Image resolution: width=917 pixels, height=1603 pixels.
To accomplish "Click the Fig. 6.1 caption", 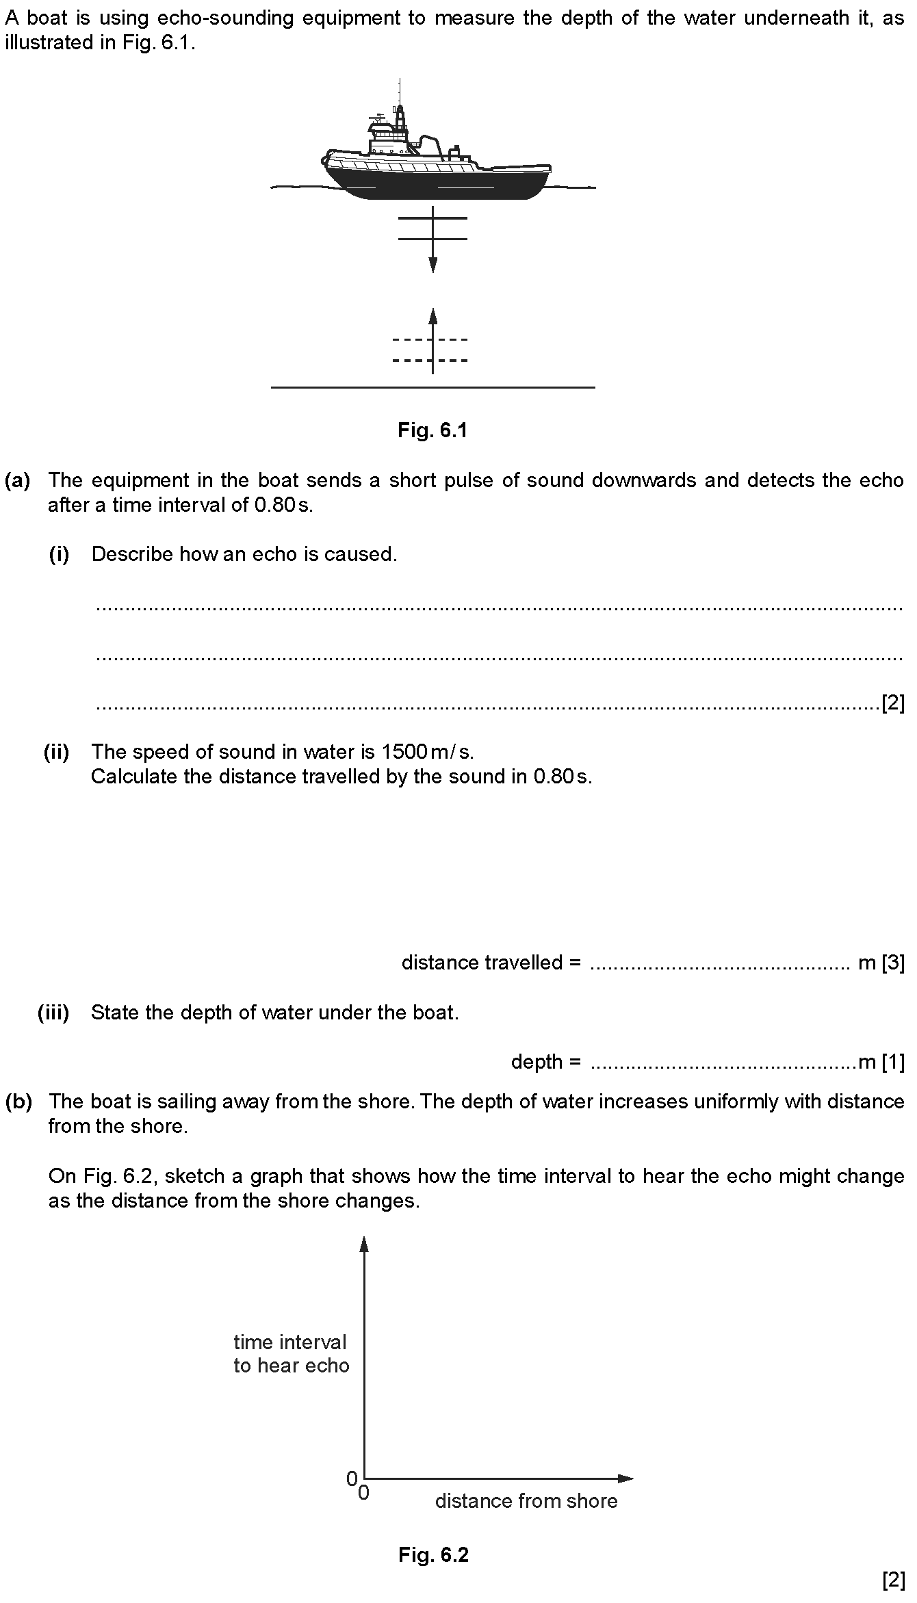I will (432, 430).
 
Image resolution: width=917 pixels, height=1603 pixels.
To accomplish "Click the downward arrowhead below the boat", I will (432, 265).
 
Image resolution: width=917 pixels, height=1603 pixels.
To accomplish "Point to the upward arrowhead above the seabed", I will (432, 315).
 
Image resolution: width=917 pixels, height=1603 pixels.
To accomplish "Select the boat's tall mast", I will (400, 103).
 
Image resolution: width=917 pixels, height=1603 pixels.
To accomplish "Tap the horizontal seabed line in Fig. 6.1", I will (432, 388).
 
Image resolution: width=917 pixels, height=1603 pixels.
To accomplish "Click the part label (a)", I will (18, 480).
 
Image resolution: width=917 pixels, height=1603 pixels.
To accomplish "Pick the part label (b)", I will (18, 1102).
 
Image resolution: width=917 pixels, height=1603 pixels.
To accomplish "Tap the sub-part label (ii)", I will (57, 753).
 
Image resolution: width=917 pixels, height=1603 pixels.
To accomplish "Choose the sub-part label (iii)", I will (53, 1013).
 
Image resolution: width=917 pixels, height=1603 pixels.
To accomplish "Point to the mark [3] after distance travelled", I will (893, 963).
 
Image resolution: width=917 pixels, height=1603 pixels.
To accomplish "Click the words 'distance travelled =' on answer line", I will (491, 963).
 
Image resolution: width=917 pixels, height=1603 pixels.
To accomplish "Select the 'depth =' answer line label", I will (545, 1062).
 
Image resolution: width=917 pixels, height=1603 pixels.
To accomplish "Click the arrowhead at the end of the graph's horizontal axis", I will (625, 1478).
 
